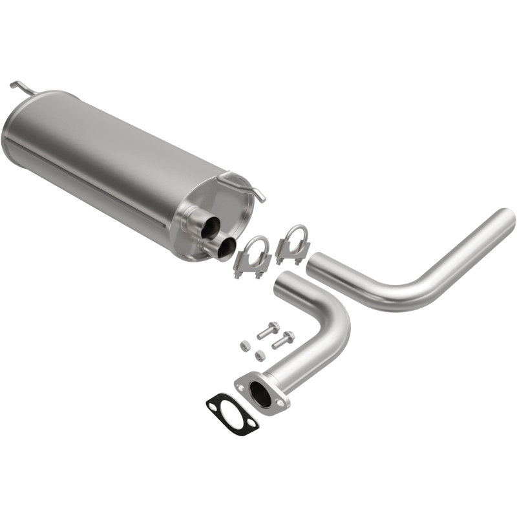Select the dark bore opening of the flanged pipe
(x=262, y=394)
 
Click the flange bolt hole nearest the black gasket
(x=242, y=388)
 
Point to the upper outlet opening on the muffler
(x=211, y=227)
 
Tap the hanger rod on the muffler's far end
(x=20, y=86)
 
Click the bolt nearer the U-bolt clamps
(x=267, y=332)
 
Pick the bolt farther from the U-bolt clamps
(x=283, y=339)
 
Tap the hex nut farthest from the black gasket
(x=245, y=345)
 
